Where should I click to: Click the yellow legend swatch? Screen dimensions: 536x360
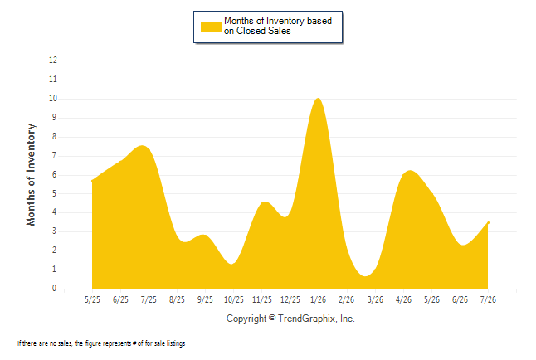coord(211,27)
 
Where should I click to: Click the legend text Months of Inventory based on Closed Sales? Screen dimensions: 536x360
coord(278,26)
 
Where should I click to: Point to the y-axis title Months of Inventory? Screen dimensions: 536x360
coord(31,175)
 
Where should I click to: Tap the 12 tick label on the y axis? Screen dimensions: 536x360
coord(53,61)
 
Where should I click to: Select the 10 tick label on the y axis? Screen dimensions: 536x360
coord(53,99)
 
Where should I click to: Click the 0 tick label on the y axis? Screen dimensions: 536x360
coord(55,288)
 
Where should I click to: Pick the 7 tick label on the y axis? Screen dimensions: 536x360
coord(55,156)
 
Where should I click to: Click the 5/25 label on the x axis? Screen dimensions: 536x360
coord(92,299)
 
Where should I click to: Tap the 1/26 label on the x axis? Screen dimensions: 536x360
coord(319,299)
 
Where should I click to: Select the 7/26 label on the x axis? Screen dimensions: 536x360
coord(488,299)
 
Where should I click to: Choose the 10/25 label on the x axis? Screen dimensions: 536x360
coord(234,299)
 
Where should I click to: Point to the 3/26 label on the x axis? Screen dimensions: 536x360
coord(375,299)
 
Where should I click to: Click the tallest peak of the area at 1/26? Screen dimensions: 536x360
coord(319,98)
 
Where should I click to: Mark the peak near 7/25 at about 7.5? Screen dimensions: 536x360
coord(143,146)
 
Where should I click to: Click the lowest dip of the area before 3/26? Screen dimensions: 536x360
coord(365,276)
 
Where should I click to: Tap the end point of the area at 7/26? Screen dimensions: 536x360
coord(488,223)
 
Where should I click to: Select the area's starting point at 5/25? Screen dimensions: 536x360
coord(92,181)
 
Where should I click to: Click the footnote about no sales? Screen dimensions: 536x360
coord(101,343)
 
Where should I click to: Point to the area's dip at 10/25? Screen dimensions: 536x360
coord(232,264)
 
